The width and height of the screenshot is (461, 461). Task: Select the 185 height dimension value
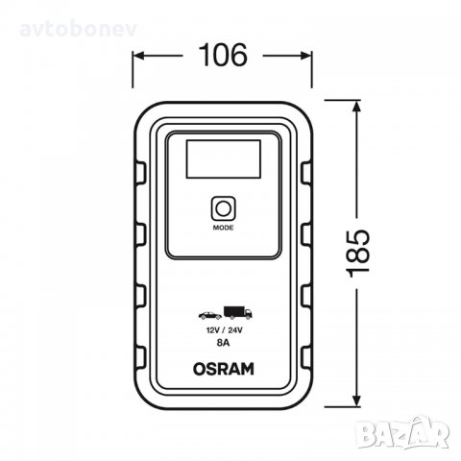point(357,251)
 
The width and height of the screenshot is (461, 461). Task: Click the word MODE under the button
point(224,230)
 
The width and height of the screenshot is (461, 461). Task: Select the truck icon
point(236,312)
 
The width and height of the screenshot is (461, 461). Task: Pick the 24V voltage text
point(237,328)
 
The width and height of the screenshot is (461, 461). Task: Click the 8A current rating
point(224,340)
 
